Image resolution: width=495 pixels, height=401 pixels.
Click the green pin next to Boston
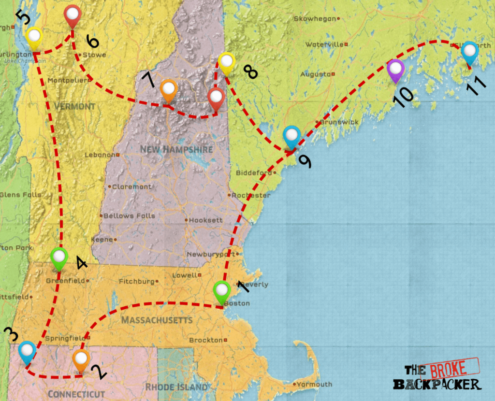tap(221, 292)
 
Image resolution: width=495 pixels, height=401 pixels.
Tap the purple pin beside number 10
tap(395, 70)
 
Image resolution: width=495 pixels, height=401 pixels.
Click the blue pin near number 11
tap(469, 52)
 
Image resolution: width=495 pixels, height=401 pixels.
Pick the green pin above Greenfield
tap(59, 257)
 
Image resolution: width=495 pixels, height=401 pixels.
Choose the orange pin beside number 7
tap(168, 89)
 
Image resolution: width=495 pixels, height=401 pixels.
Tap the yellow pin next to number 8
tap(226, 62)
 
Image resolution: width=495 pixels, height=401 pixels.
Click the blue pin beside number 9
tap(291, 136)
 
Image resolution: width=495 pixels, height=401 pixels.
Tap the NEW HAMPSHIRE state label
tap(176, 149)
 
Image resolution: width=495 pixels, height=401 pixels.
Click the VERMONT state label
tap(74, 106)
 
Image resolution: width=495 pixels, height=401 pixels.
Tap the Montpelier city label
tap(68, 80)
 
